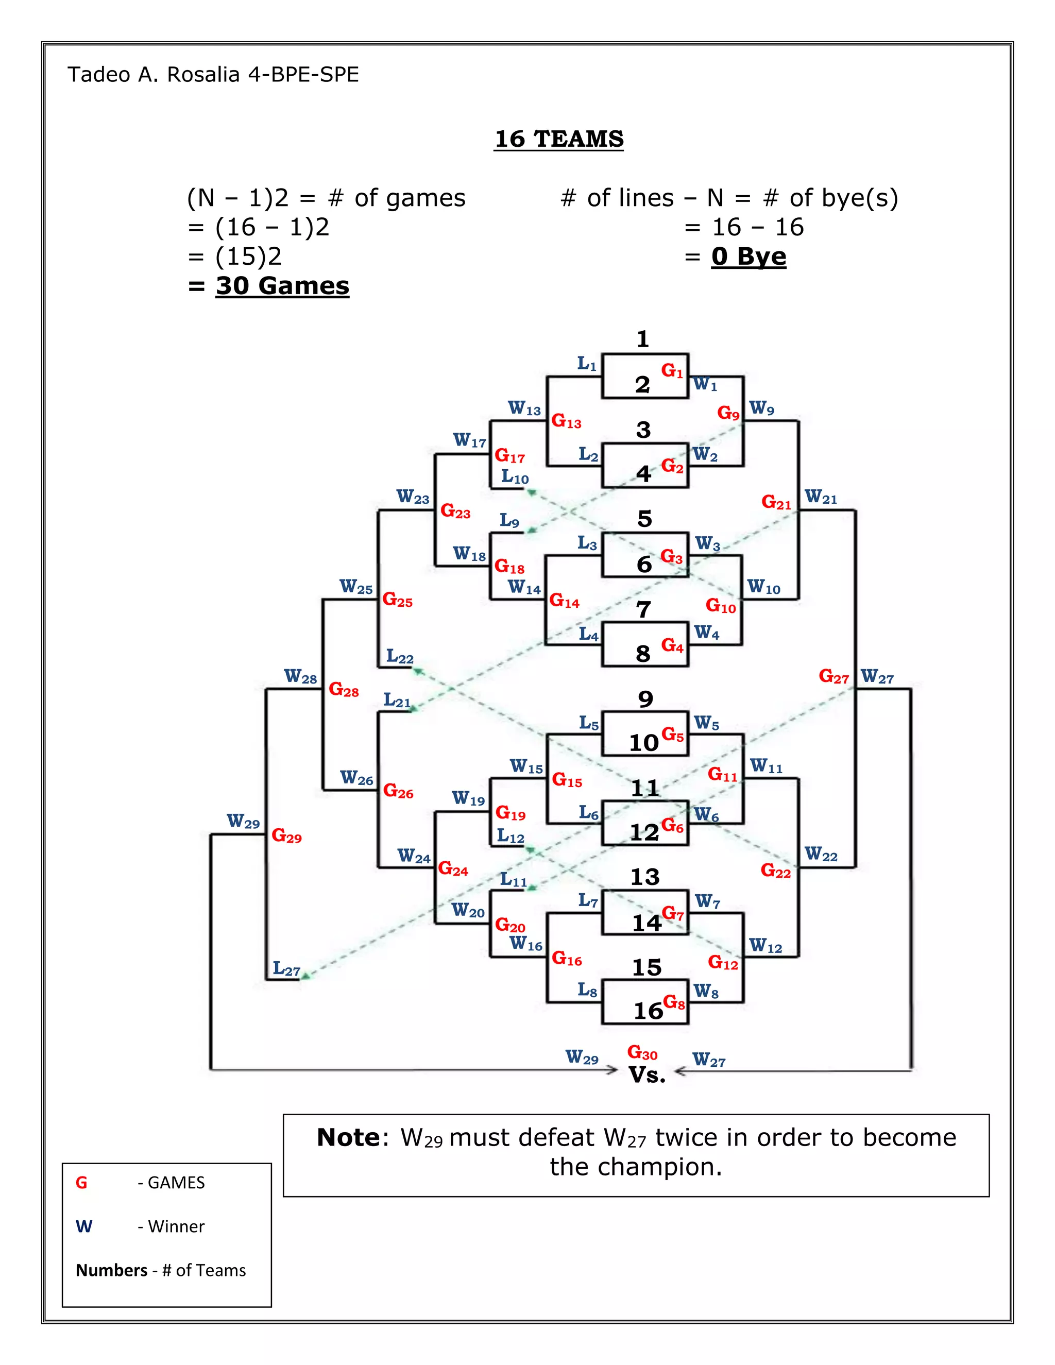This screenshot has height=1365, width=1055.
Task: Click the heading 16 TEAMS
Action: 559,139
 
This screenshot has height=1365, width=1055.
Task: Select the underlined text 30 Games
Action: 282,286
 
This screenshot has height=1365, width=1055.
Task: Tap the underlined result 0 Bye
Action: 748,256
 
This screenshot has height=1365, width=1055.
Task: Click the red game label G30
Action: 642,1052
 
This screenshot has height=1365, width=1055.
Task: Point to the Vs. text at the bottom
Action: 647,1075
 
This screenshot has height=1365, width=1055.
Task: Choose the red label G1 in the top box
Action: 672,371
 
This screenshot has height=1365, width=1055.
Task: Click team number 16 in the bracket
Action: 648,1011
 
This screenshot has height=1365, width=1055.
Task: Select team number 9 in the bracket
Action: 645,699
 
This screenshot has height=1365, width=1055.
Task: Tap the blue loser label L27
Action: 286,969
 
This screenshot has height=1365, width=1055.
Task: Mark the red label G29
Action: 286,835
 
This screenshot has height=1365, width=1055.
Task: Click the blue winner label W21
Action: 820,498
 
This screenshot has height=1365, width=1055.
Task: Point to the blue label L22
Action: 399,656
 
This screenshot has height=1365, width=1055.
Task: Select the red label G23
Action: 455,511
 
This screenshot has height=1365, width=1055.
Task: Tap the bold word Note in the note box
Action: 348,1137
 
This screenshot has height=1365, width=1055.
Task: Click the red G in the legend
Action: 81,1183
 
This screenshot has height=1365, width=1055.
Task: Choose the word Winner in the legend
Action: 176,1226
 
